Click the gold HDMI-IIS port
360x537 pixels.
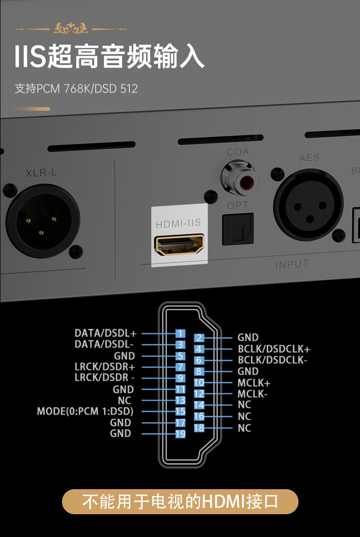(x=179, y=245)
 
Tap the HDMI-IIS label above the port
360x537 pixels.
(x=178, y=224)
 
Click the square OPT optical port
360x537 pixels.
(x=238, y=230)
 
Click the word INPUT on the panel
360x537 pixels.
(x=292, y=264)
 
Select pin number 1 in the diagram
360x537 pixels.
(x=180, y=334)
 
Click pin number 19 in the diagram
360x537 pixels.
(x=180, y=434)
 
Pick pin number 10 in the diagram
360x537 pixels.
(x=199, y=383)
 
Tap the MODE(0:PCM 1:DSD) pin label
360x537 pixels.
(x=85, y=412)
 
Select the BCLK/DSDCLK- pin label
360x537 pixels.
(x=273, y=360)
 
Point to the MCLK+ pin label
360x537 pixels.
(x=254, y=383)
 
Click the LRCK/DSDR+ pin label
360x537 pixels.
(x=105, y=367)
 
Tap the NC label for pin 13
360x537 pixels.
(x=124, y=401)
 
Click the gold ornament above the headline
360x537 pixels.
(x=71, y=29)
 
